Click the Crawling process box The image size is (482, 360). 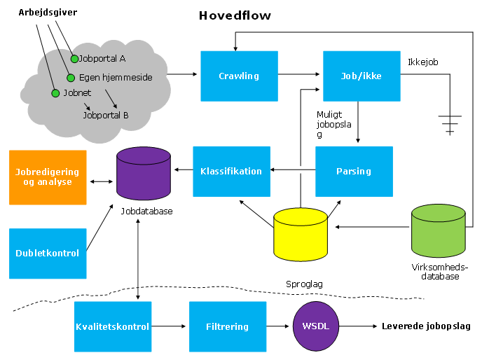[239, 76]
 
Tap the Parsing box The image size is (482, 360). [354, 171]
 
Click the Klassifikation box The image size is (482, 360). [231, 171]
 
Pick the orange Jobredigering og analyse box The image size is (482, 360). [48, 177]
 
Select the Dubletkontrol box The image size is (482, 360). [48, 253]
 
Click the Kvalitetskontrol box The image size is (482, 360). [112, 326]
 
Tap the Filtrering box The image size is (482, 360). [228, 326]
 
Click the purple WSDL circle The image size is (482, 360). [315, 326]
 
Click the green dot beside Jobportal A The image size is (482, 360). [75, 59]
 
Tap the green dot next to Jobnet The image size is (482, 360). [55, 92]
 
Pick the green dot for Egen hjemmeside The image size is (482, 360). [70, 78]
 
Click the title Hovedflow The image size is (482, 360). [235, 15]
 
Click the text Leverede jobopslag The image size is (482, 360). [426, 326]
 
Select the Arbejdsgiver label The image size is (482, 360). [48, 13]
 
